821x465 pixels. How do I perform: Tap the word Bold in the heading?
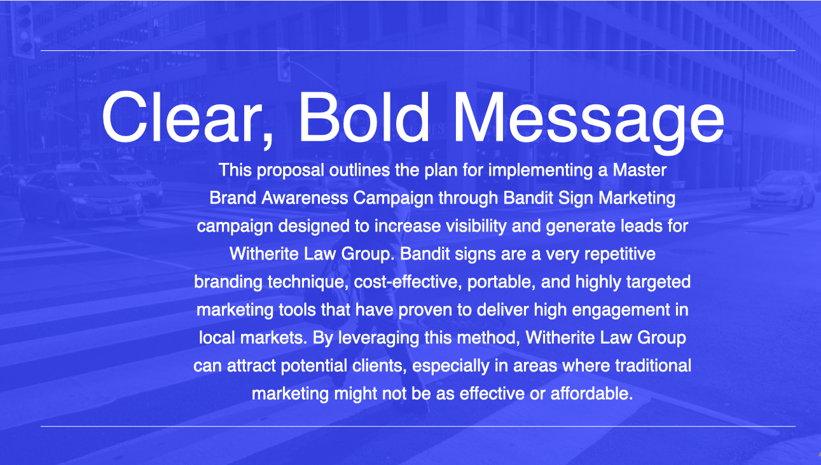coord(364,116)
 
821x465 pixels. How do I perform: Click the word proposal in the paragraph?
coord(290,170)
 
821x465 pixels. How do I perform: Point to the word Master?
coord(640,170)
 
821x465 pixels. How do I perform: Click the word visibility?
coord(476,226)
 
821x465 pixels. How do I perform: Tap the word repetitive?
coord(620,254)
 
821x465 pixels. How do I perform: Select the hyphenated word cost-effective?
coord(408,282)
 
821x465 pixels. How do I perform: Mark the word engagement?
coord(621,310)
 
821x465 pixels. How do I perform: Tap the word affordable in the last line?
coord(591,394)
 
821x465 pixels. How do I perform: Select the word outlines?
coord(359,170)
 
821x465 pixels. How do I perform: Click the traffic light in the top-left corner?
coord(24,29)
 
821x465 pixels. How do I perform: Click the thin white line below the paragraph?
coord(418,426)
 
